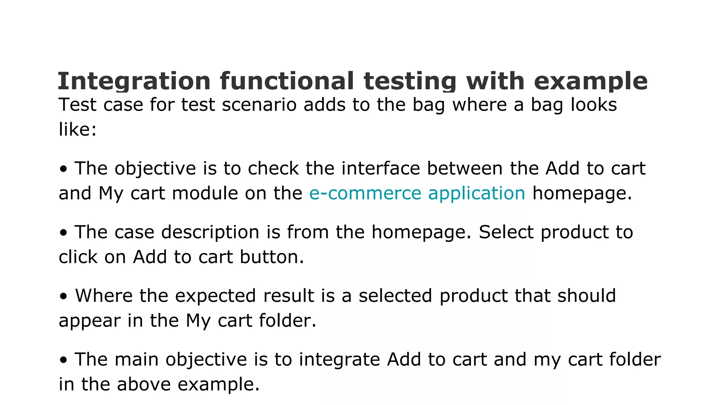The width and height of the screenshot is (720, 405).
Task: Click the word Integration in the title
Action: point(134,81)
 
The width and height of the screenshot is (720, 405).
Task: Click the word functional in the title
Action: point(287,81)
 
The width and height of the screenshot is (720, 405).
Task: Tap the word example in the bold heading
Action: point(591,81)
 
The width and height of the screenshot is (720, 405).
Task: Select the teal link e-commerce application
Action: point(417,193)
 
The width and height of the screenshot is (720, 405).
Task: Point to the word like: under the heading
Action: point(77,129)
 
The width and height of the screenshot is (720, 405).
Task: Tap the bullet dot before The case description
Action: point(63,233)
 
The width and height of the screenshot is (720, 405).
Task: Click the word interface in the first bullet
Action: point(380,168)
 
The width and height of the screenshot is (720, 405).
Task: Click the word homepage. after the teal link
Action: point(582,193)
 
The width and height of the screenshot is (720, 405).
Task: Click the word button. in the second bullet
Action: point(272,257)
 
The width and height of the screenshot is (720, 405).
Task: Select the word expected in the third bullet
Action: point(216,296)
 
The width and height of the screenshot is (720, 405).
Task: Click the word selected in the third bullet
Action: point(395,296)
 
